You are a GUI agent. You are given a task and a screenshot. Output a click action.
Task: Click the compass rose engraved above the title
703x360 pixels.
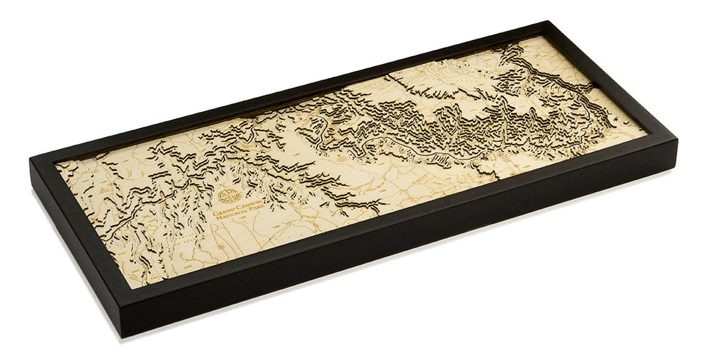click(x=226, y=195)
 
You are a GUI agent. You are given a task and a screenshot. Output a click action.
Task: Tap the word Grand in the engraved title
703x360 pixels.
click(x=219, y=209)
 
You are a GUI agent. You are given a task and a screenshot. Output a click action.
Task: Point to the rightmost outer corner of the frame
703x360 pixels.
click(x=677, y=141)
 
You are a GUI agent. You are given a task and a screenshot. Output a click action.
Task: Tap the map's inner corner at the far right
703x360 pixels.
click(x=647, y=131)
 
